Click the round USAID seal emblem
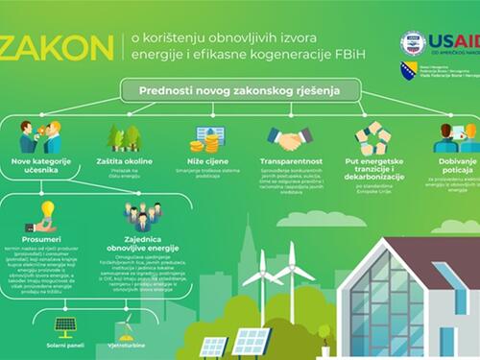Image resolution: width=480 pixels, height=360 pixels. point(414,41)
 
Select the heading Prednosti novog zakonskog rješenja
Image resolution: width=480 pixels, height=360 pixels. point(239,91)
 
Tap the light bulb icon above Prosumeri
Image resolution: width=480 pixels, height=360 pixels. point(47,209)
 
